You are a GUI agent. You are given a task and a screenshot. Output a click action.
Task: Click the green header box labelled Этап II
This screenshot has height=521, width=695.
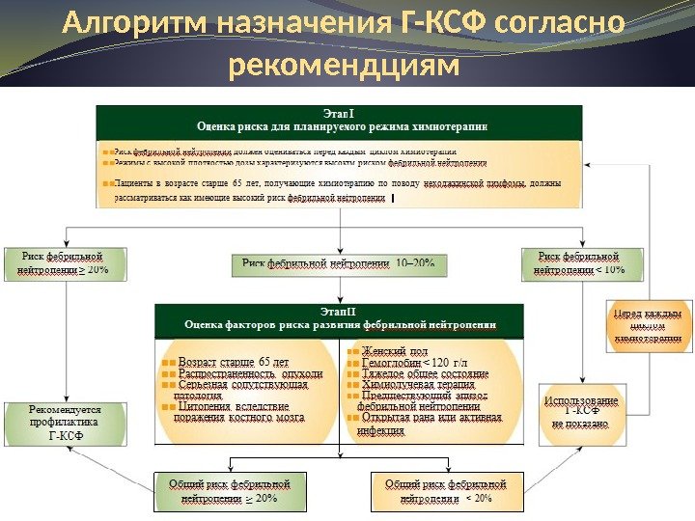[339, 317]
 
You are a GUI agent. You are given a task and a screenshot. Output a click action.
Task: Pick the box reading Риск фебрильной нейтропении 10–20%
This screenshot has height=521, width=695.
[339, 262]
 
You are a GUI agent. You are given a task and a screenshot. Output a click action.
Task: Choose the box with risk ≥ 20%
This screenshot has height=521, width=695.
[66, 263]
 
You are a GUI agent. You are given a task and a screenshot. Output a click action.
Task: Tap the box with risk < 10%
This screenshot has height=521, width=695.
[582, 263]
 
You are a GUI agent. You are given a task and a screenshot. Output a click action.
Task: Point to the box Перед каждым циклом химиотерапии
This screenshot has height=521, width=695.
[649, 326]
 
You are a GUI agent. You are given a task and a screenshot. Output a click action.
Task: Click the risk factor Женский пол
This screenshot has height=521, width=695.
[395, 351]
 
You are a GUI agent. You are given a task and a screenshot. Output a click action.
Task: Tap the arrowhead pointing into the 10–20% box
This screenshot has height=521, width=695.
[339, 250]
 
